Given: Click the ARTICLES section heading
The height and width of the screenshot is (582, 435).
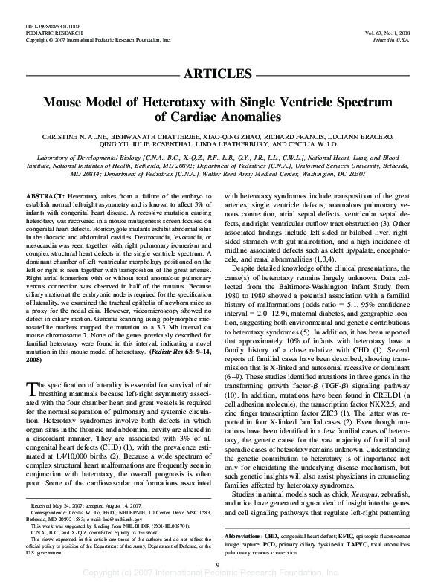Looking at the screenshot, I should (218, 73).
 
